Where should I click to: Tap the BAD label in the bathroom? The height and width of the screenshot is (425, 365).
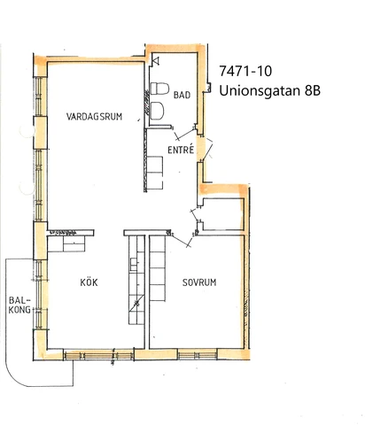click(x=182, y=94)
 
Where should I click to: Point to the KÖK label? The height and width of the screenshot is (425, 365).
click(x=88, y=282)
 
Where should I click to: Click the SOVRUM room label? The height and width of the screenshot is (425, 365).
click(x=199, y=282)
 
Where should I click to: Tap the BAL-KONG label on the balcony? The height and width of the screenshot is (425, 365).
click(x=19, y=305)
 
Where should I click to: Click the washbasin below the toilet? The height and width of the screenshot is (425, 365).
click(x=157, y=109)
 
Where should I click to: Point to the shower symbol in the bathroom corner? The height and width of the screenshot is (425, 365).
click(x=156, y=60)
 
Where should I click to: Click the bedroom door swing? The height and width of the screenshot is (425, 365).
click(x=182, y=232)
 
